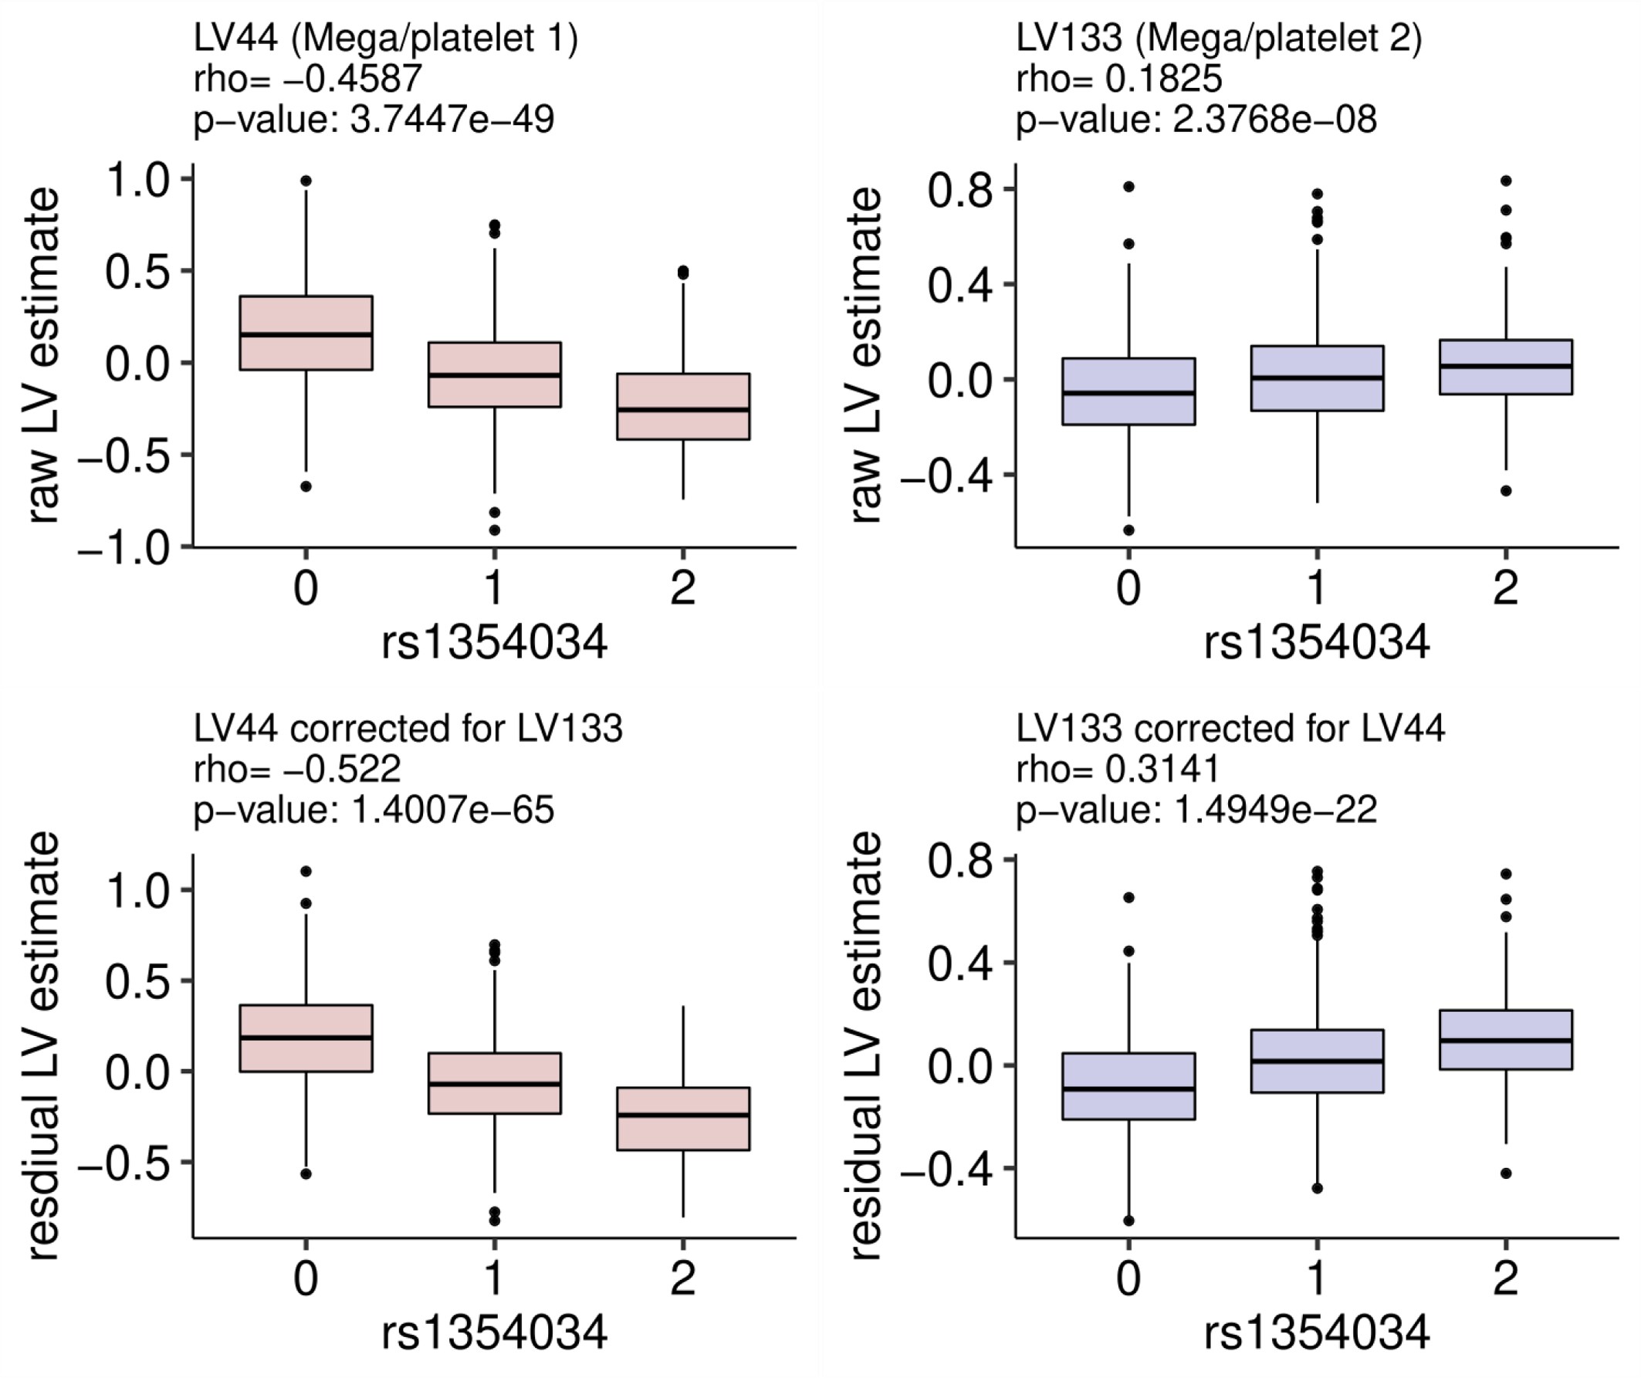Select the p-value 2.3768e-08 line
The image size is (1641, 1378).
click(1196, 120)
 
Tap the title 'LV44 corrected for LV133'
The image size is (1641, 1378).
click(407, 729)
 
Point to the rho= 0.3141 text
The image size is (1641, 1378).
click(1117, 768)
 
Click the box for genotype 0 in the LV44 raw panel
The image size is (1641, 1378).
click(306, 332)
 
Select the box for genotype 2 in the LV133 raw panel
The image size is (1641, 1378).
click(1505, 367)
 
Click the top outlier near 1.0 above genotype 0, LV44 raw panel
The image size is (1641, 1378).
click(306, 181)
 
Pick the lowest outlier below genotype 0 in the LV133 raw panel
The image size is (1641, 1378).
click(1128, 530)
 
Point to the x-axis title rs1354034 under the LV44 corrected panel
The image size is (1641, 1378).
click(494, 1332)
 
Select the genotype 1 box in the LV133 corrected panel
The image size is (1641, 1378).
click(1317, 1061)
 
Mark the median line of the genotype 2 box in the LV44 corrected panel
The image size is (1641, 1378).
click(683, 1115)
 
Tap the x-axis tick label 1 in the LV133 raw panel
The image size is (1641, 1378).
click(1317, 588)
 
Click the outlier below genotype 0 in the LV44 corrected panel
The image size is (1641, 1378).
click(306, 1173)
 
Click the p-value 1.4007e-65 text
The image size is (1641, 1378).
click(374, 810)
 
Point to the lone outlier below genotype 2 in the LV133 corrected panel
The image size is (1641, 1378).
click(1506, 1173)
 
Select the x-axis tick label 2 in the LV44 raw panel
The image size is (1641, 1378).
click(683, 588)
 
